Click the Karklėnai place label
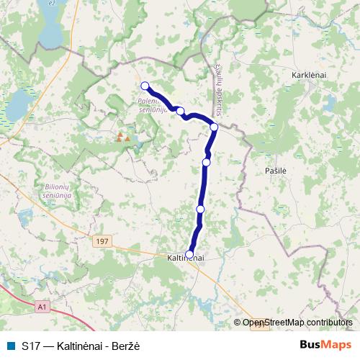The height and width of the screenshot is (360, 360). tap(310, 75)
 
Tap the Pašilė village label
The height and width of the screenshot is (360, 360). tap(275, 169)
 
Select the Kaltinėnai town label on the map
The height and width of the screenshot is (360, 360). tap(186, 257)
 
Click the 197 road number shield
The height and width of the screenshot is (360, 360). tap(101, 243)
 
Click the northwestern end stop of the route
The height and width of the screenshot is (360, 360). tap(145, 86)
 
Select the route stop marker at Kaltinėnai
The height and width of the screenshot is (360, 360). tap(189, 253)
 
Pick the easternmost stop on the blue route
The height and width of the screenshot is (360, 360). tap(214, 127)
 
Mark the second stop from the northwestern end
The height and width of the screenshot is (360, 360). tap(181, 112)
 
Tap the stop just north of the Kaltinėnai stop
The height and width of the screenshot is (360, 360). tap(200, 209)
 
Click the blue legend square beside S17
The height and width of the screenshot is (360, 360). tap(9, 345)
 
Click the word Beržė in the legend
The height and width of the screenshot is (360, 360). tap(125, 345)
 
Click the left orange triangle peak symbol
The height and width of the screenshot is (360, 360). tap(120, 135)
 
